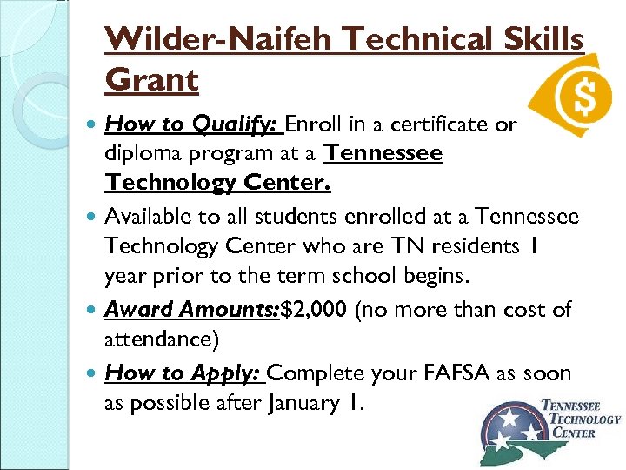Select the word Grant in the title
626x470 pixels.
151,81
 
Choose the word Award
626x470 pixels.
139,310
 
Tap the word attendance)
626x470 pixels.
159,340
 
